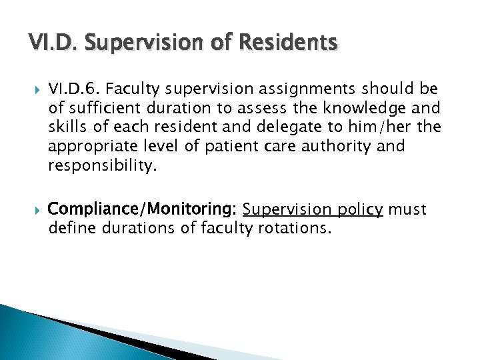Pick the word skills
point(67,127)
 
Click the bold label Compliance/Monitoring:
point(143,211)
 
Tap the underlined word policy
point(357,211)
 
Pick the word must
point(408,211)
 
